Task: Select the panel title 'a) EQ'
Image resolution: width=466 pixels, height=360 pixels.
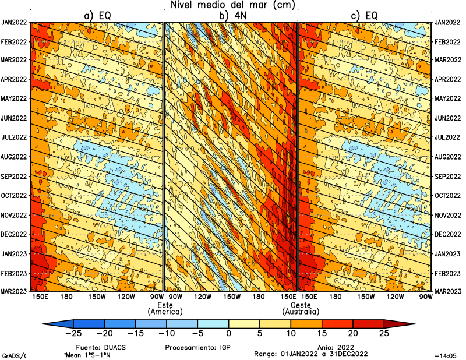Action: (x=98, y=16)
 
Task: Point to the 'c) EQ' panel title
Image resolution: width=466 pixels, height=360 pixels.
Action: (x=366, y=16)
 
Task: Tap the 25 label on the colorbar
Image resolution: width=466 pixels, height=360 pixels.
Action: (x=383, y=334)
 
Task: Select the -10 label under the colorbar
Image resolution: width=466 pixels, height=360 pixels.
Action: (x=167, y=334)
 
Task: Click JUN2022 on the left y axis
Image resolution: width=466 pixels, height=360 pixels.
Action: (x=15, y=118)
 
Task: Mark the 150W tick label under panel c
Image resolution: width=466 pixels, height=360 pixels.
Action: (x=366, y=297)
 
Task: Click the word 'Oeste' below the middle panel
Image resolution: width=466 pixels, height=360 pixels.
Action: (x=300, y=305)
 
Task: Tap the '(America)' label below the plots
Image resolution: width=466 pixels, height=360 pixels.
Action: (x=165, y=312)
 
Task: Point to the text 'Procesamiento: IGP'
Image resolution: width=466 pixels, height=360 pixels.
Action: (x=192, y=347)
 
